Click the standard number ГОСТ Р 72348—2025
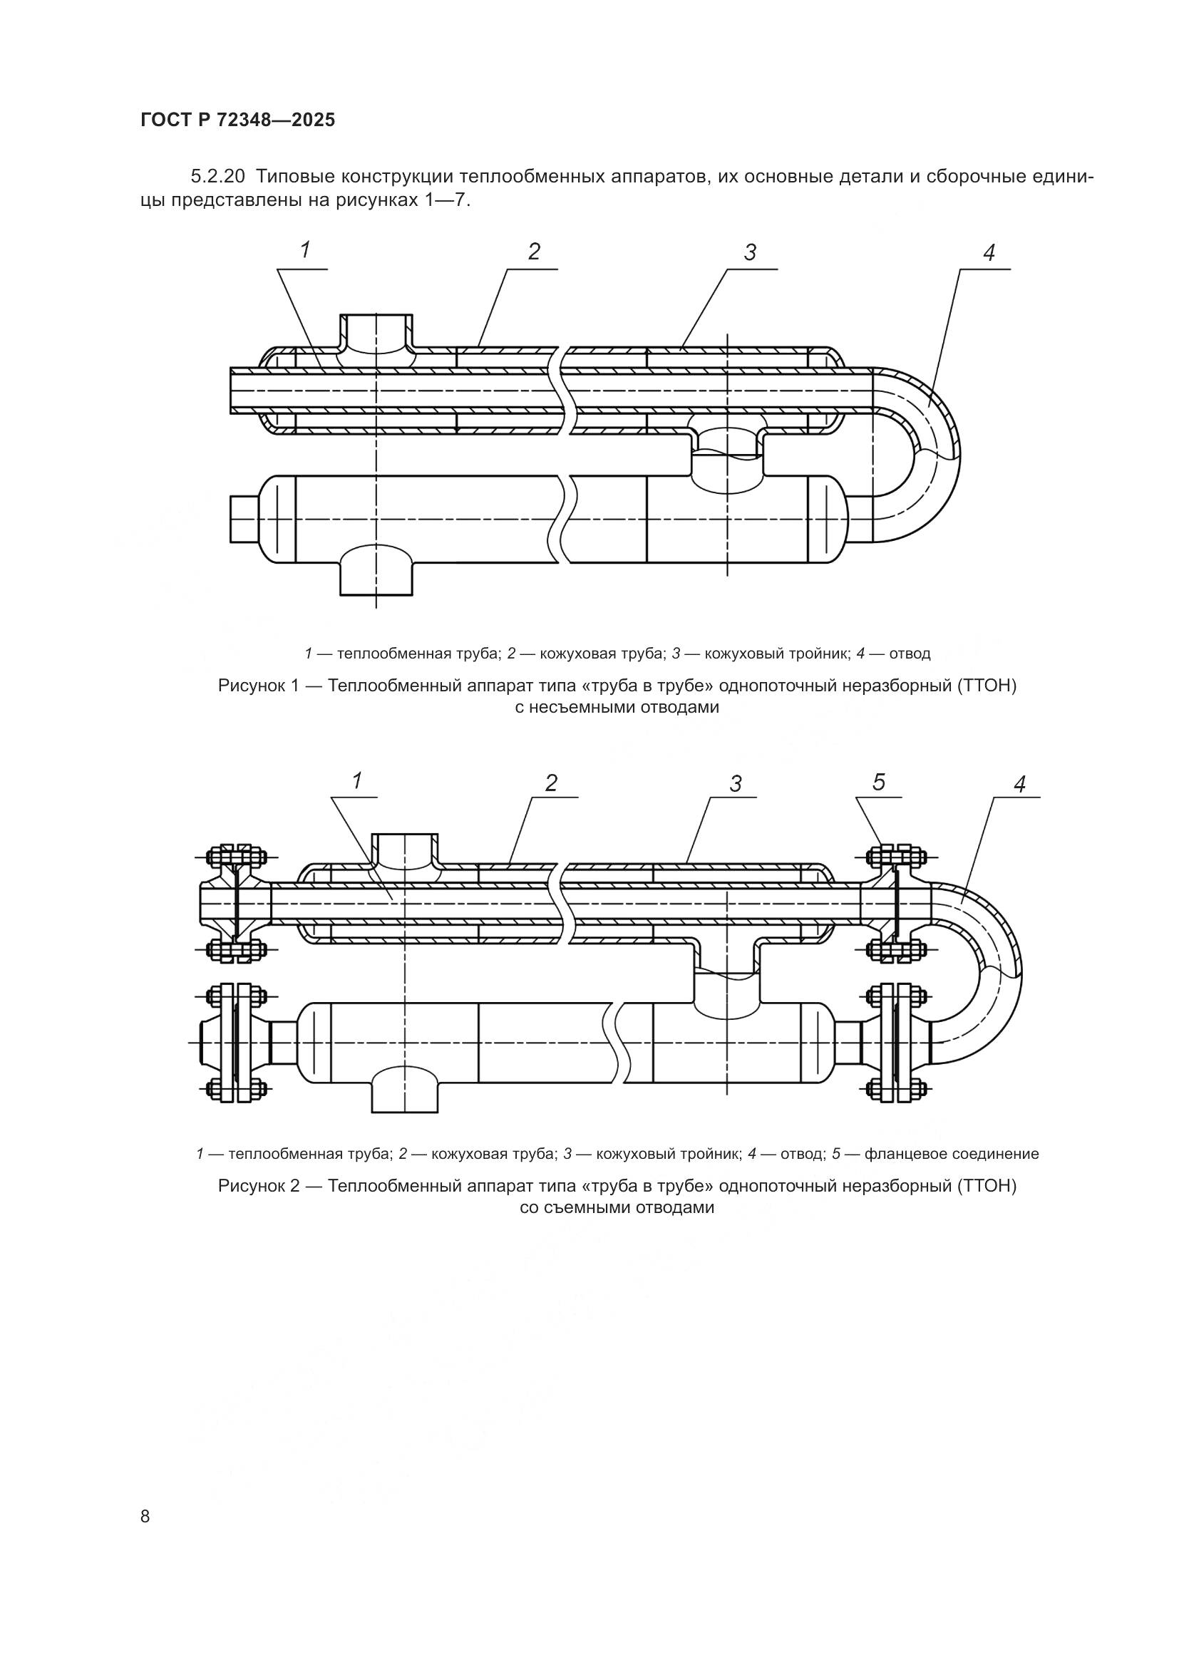[238, 120]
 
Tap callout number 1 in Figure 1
[306, 250]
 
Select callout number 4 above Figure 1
[988, 253]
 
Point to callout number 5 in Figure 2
[878, 782]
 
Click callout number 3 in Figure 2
[736, 783]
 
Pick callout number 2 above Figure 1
[534, 252]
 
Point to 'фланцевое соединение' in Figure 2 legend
[952, 1154]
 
